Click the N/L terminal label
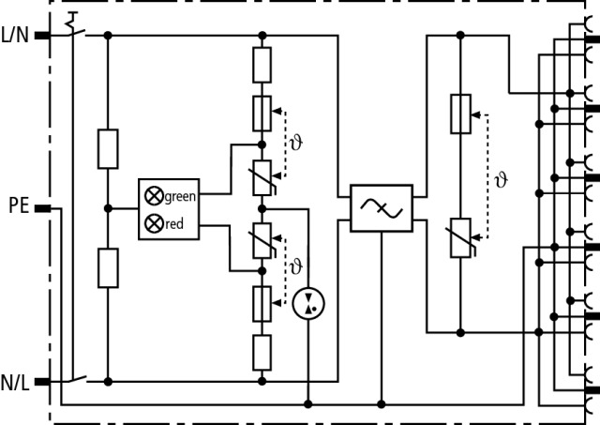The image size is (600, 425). tap(15, 381)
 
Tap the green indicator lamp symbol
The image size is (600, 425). tap(152, 196)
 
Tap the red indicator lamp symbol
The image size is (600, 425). tap(152, 224)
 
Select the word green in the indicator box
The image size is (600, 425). tap(180, 196)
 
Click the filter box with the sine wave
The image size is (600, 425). tap(380, 208)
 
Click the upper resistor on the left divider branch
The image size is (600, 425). tap(108, 149)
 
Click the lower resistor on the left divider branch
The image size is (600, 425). tap(108, 267)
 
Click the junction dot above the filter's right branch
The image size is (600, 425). tap(460, 35)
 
